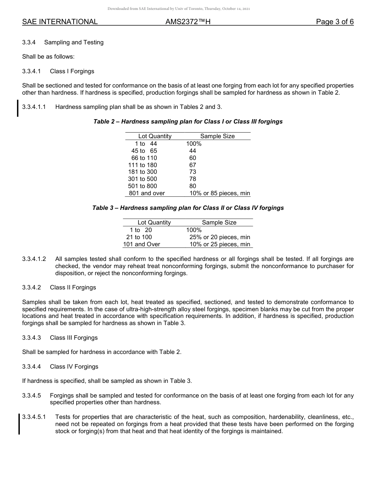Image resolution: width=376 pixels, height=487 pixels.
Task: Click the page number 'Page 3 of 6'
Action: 334,22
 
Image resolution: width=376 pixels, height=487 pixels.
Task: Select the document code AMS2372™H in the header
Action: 188,22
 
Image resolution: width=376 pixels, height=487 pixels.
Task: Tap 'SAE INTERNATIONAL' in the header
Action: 60,22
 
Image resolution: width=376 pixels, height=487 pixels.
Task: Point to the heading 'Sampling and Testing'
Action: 74,42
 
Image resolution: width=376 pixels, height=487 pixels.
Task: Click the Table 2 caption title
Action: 188,122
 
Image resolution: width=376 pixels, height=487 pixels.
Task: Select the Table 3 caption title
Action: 188,208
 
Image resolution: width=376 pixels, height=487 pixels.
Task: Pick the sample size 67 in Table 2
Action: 193,165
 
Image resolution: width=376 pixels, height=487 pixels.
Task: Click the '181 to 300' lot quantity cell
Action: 142,172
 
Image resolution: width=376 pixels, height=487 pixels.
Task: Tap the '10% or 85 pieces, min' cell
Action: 220,193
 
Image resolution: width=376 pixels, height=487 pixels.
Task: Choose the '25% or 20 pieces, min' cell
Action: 220,237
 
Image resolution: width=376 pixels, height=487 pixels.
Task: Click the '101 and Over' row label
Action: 142,244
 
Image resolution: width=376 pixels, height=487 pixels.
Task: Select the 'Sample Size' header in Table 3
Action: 219,223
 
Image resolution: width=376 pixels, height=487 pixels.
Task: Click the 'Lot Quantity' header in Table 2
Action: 155,136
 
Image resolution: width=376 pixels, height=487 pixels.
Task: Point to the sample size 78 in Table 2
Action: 193,179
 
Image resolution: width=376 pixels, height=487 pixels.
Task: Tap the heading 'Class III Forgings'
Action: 74,338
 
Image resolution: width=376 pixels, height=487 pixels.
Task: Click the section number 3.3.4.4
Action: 32,367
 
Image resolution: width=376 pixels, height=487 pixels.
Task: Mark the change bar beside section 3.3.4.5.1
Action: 19,424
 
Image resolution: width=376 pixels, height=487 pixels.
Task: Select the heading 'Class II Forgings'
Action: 73,287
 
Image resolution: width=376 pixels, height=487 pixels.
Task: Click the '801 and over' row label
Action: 147,193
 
